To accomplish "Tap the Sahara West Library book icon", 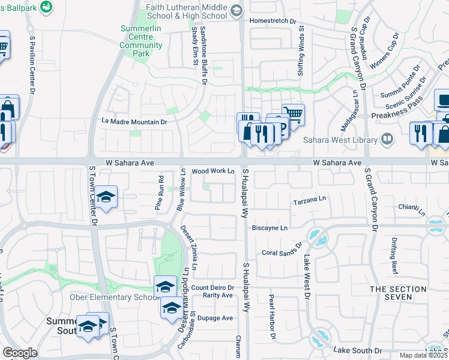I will click(x=387, y=140).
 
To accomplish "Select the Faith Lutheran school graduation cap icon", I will click(x=237, y=10).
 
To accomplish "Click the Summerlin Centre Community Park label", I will click(x=141, y=41).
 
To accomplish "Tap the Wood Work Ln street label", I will click(x=212, y=171).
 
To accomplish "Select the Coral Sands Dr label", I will click(x=280, y=253).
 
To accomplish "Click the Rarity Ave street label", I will click(x=217, y=295).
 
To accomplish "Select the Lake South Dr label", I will click(x=357, y=350).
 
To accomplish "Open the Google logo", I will click(x=20, y=353).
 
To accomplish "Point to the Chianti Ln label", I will click(x=411, y=208).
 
